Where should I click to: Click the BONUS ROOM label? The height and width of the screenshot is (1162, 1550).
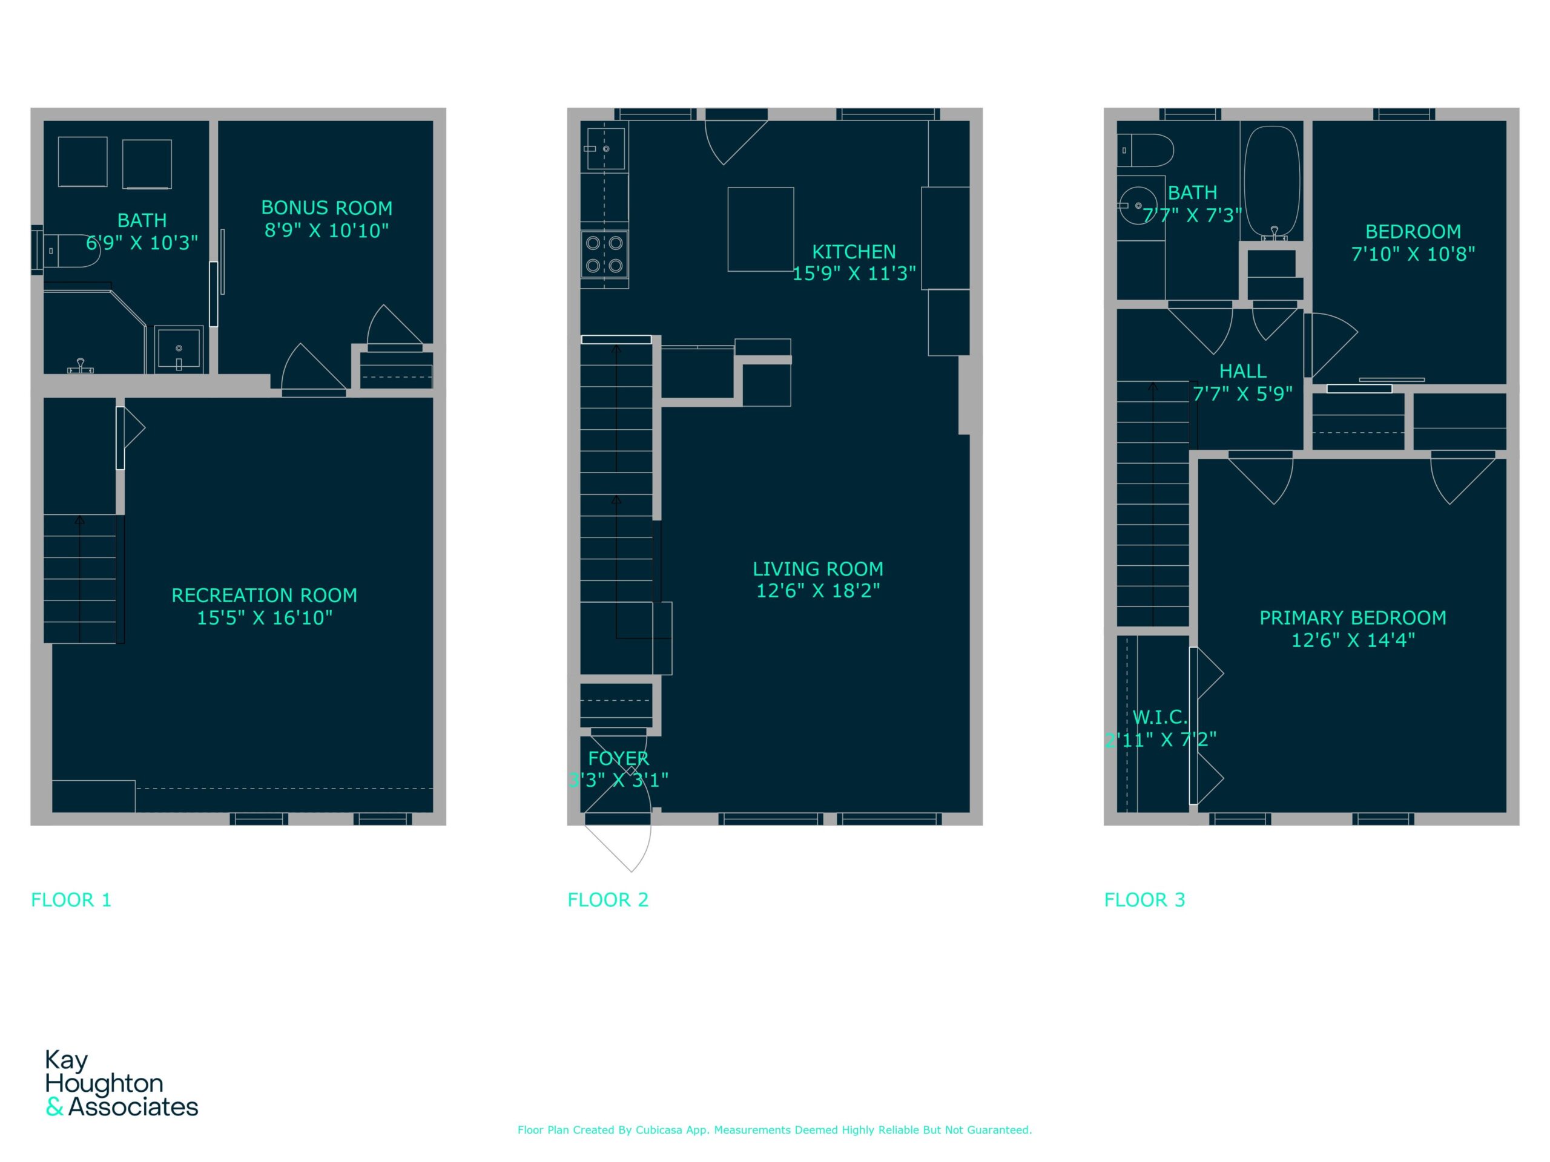tap(326, 208)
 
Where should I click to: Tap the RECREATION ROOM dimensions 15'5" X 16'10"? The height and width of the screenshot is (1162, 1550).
tap(265, 618)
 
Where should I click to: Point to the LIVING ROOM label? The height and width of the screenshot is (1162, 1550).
tap(818, 569)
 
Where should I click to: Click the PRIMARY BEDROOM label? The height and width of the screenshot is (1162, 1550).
tap(1353, 618)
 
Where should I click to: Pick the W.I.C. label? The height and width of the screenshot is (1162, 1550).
tap(1159, 717)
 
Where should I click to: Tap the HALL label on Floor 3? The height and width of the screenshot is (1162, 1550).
tap(1242, 371)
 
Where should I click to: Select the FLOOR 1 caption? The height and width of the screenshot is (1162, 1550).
tap(71, 900)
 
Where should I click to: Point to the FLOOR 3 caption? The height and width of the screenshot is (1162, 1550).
tap(1145, 900)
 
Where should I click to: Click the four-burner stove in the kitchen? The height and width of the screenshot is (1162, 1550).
tap(604, 255)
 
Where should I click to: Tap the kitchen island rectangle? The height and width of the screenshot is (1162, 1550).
tap(760, 229)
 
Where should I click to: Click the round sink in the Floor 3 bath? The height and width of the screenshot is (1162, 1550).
tap(1137, 205)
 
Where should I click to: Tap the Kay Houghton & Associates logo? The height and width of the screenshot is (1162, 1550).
tap(121, 1083)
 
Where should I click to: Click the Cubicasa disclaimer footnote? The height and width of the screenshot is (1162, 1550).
tap(774, 1130)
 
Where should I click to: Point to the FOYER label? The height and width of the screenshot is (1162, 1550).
tap(618, 758)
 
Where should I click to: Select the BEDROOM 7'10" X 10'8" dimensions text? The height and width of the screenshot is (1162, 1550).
tap(1413, 254)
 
